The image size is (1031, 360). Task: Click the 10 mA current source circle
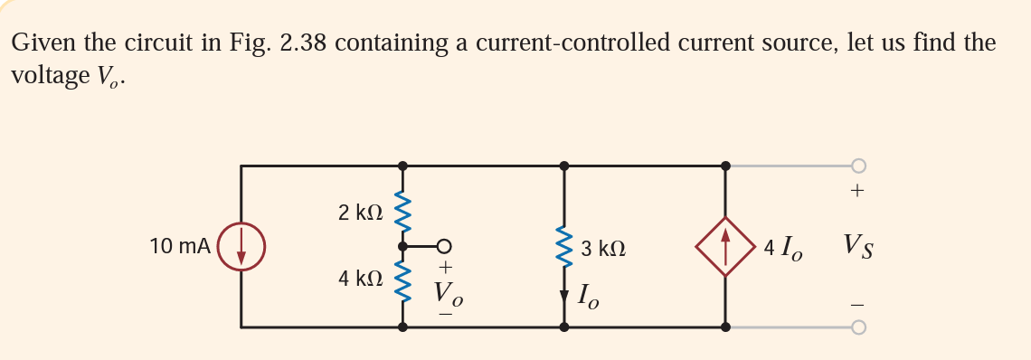241,246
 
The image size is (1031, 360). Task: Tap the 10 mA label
181,246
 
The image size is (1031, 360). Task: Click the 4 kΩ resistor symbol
403,281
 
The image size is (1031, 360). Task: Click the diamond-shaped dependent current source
724,246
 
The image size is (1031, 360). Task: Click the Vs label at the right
858,245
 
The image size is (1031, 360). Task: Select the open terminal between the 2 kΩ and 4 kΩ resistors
443,245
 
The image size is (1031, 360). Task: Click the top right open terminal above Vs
857,166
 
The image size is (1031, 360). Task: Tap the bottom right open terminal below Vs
857,326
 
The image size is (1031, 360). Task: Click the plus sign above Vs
857,192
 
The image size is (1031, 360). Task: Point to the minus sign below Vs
857,302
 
